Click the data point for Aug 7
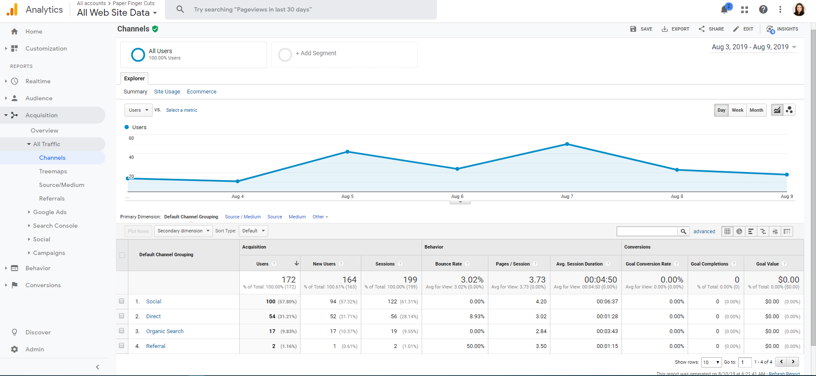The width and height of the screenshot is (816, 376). tap(567, 144)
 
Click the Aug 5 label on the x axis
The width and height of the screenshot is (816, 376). tap(347, 196)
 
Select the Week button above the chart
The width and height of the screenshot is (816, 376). tap(737, 110)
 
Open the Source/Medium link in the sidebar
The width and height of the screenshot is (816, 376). tap(62, 185)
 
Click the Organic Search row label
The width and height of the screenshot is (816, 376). tap(165, 331)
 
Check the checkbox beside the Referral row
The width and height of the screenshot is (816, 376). tap(122, 346)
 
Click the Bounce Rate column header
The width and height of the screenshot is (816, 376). tap(448, 264)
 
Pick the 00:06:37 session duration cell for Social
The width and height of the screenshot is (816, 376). tap(607, 302)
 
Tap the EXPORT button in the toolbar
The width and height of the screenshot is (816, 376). tap(675, 29)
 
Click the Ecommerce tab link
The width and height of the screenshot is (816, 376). tap(201, 92)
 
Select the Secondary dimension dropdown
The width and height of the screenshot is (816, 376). tap(183, 231)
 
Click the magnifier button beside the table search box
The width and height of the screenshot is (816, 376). tap(683, 232)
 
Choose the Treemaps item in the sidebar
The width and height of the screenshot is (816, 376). tap(53, 171)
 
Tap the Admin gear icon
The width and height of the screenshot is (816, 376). tap(14, 349)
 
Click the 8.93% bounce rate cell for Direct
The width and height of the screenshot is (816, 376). tap(477, 317)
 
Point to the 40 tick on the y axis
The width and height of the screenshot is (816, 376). tap(131, 157)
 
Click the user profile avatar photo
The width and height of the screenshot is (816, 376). tap(799, 9)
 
